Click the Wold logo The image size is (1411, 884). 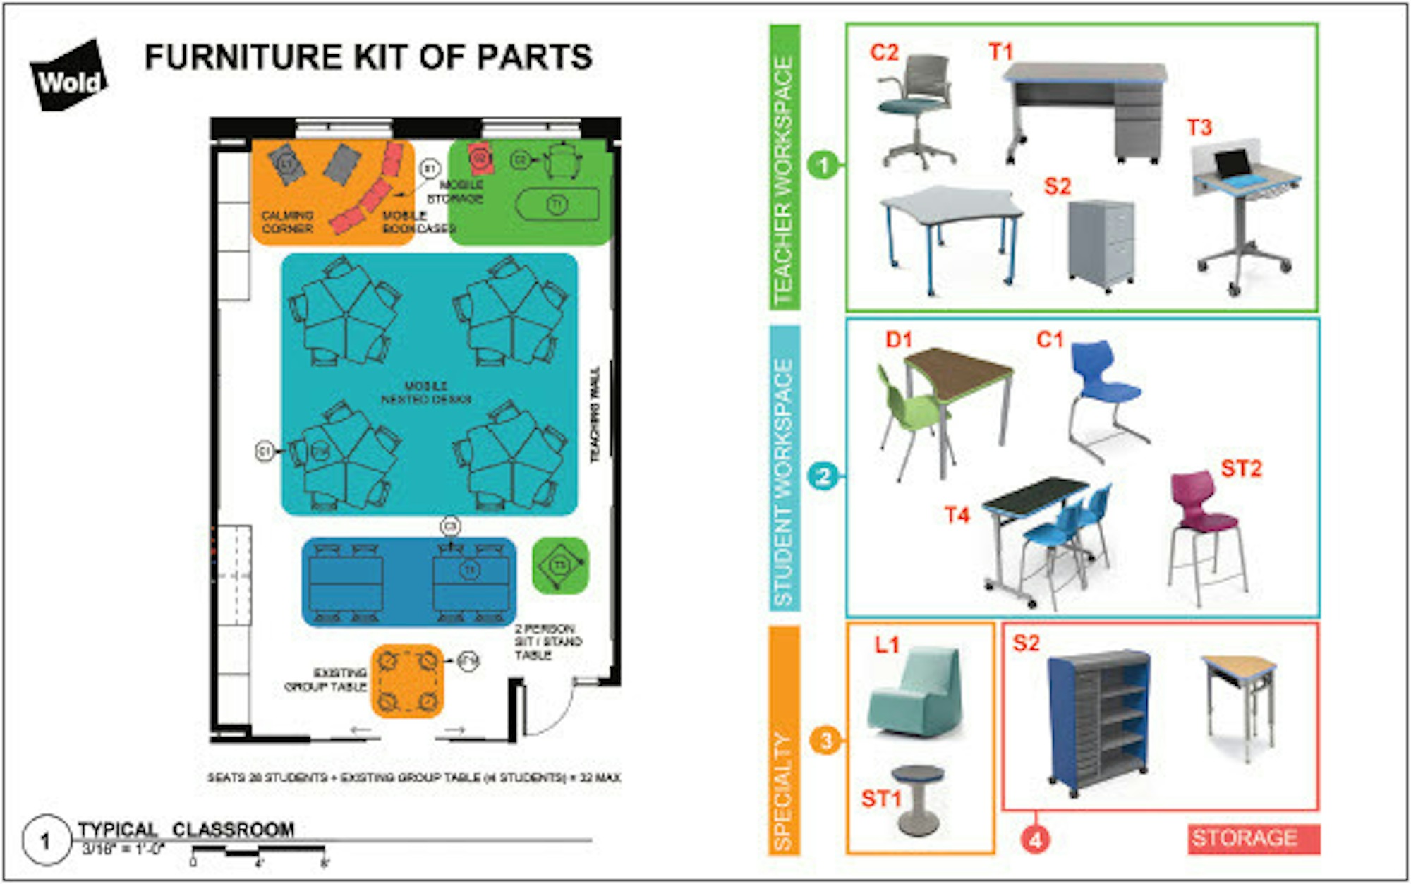[x=68, y=77]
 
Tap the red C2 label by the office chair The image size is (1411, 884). [x=884, y=53]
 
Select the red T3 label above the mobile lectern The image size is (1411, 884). [x=1199, y=128]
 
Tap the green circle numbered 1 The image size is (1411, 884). [x=823, y=166]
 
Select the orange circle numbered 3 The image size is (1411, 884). [x=825, y=740]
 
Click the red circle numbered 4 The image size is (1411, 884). [x=1035, y=840]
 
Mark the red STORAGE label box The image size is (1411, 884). [x=1253, y=838]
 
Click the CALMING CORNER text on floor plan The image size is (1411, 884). [x=287, y=222]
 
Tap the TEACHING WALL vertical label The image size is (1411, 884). [x=595, y=415]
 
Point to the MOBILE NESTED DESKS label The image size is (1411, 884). [x=425, y=392]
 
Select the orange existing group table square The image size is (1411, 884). [x=407, y=681]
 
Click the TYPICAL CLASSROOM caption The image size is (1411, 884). [x=186, y=829]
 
